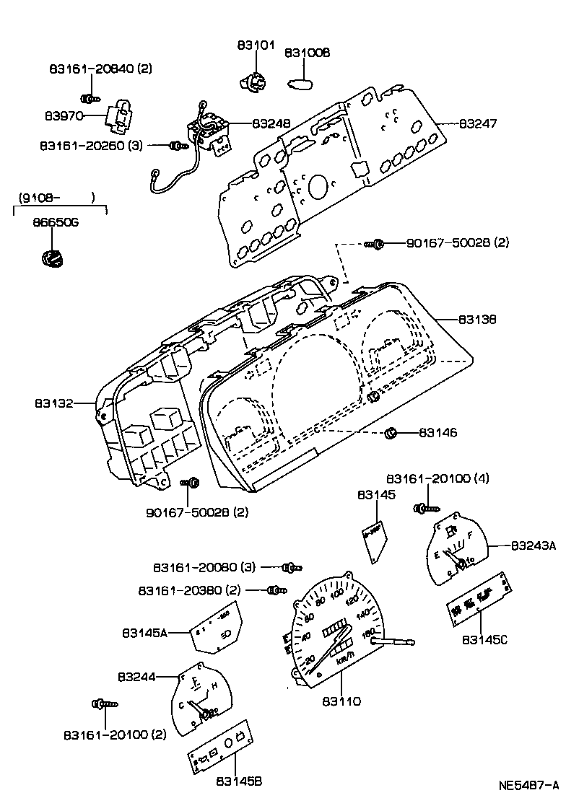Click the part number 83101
(256, 45)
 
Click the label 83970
(64, 115)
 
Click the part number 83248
(271, 123)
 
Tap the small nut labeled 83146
(391, 433)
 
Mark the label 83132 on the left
(53, 403)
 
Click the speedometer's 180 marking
(369, 633)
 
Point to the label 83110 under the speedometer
(341, 701)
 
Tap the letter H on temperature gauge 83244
(214, 685)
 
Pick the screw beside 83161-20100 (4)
(421, 509)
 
